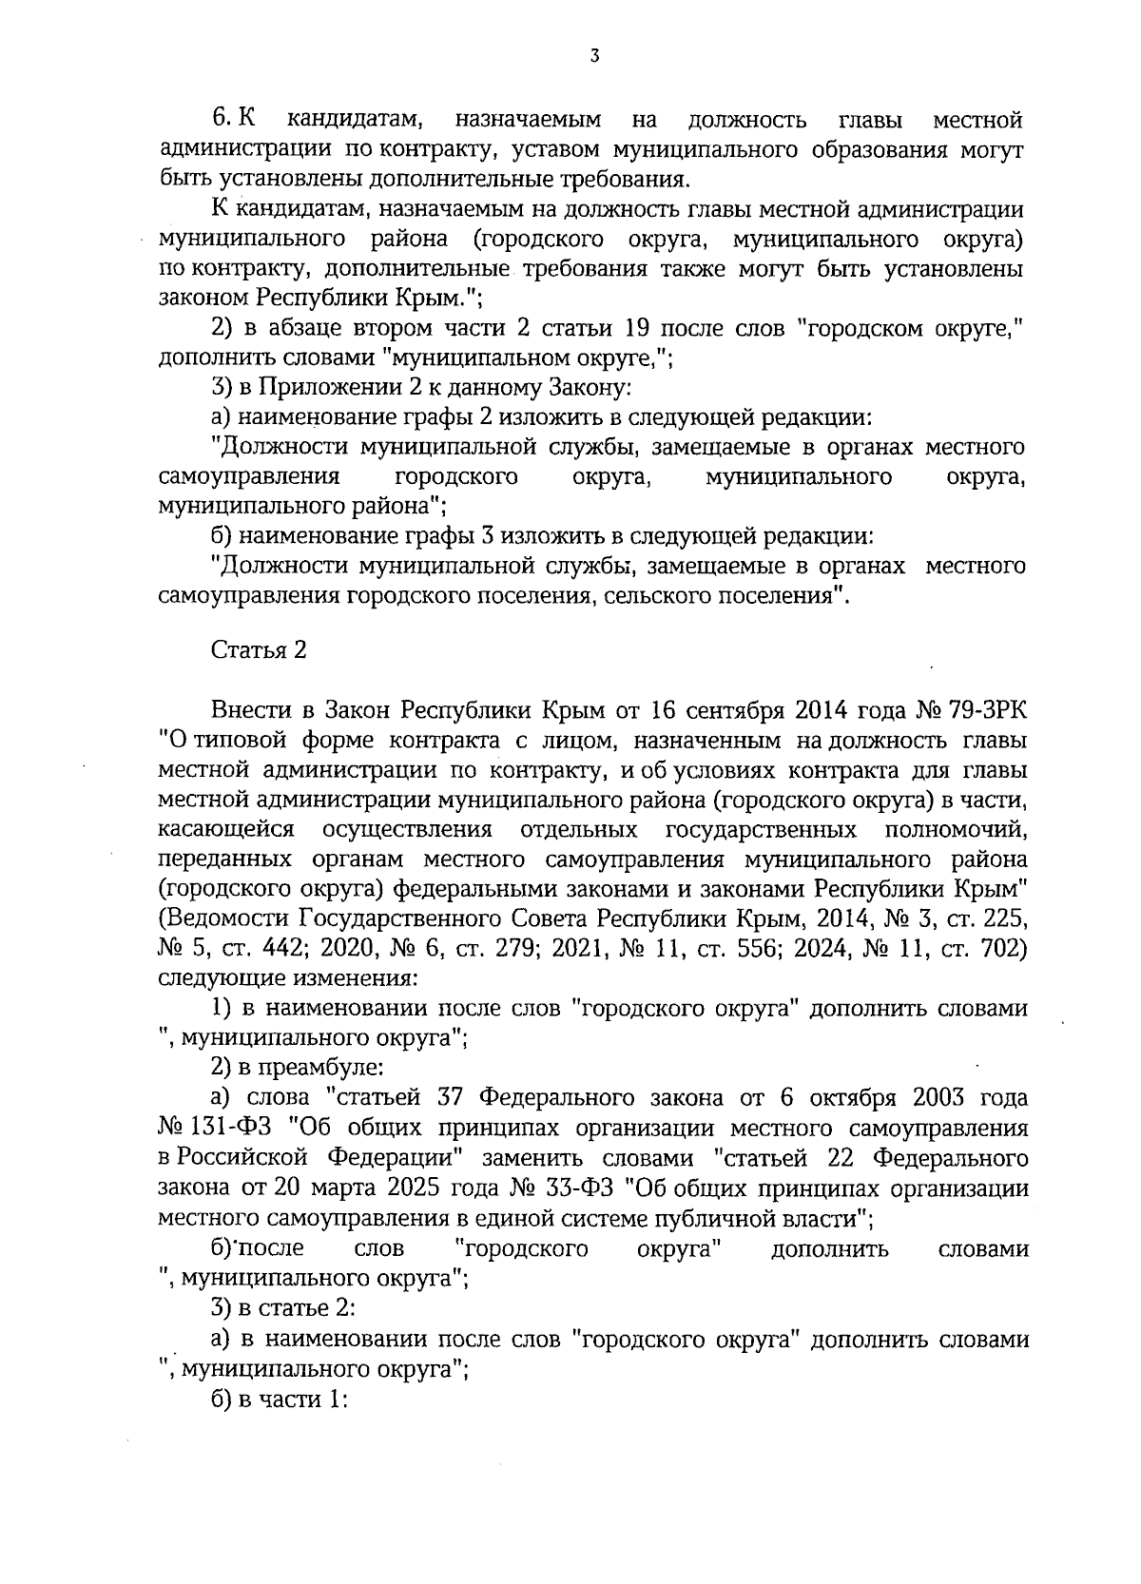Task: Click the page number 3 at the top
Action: tap(594, 56)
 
